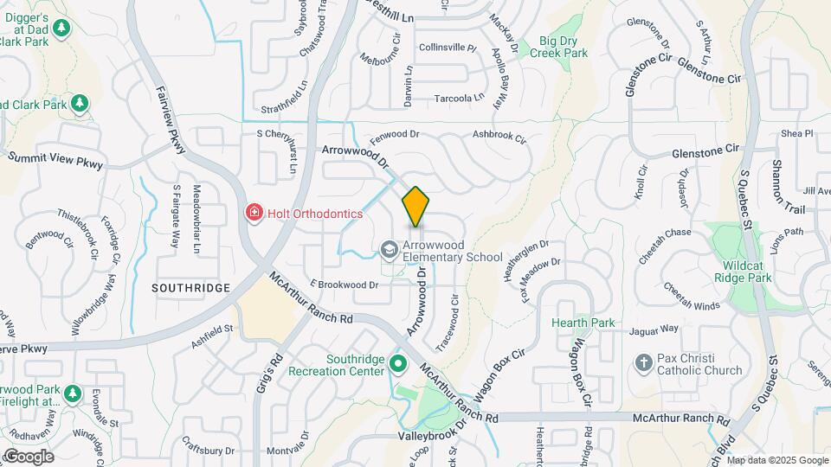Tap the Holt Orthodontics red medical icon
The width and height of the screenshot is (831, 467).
click(254, 213)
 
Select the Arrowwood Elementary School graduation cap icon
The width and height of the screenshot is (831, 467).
click(390, 250)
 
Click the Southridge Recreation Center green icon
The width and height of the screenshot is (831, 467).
click(398, 363)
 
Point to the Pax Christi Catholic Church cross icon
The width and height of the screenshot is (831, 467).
click(642, 363)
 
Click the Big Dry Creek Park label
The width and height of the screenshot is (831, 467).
click(564, 47)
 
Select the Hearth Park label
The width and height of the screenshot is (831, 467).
click(584, 323)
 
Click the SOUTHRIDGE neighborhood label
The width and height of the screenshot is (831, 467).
click(190, 287)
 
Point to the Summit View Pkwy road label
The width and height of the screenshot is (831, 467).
click(55, 160)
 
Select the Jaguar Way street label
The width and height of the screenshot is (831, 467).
click(654, 329)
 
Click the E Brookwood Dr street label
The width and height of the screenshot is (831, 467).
click(344, 284)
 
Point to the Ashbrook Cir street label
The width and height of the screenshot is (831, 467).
click(499, 136)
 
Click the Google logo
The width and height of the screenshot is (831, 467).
click(28, 457)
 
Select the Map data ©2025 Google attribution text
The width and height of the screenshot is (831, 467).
click(777, 460)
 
